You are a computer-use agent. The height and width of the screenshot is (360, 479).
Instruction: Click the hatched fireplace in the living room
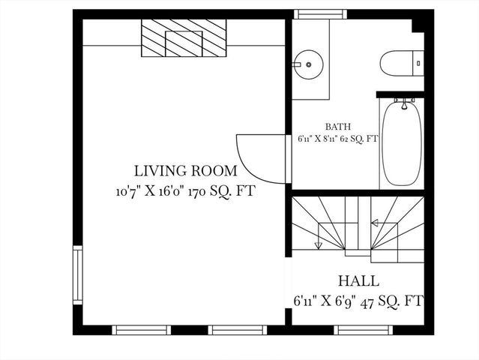coord(184,37)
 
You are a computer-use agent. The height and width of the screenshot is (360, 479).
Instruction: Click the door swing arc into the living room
coord(259,157)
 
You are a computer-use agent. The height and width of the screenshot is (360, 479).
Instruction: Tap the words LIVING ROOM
coord(185,171)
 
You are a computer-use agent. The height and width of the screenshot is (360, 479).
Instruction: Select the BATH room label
coord(337,127)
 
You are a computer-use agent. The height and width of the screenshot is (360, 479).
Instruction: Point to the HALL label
coord(358,282)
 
